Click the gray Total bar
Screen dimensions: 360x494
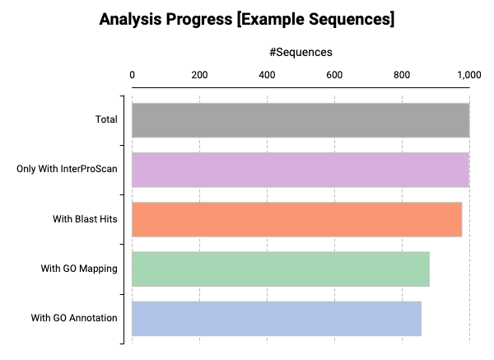click(x=301, y=120)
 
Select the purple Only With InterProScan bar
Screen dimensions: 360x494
click(x=301, y=170)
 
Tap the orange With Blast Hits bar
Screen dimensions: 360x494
click(x=296, y=219)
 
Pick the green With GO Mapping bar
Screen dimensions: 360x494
click(x=281, y=269)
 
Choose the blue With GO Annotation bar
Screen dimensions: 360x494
click(x=277, y=318)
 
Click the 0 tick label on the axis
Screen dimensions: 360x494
click(x=133, y=75)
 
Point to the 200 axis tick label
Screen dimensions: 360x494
click(x=199, y=75)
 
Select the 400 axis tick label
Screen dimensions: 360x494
click(x=267, y=75)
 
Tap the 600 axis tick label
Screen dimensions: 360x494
click(x=334, y=75)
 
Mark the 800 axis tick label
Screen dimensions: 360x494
click(x=402, y=75)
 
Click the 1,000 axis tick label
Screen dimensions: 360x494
click(x=468, y=75)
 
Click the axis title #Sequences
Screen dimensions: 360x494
click(x=301, y=52)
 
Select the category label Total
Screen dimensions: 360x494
click(x=105, y=120)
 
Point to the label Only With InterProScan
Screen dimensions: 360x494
click(x=67, y=170)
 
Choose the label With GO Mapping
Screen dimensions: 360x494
click(x=79, y=269)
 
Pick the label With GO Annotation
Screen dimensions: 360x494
click(x=74, y=318)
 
